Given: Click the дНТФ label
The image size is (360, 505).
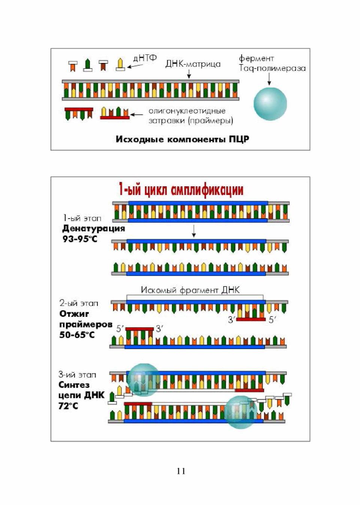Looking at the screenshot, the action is [145, 58].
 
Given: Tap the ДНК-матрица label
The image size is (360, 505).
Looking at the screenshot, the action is [193, 64].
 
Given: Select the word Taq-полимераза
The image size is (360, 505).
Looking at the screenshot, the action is [272, 68].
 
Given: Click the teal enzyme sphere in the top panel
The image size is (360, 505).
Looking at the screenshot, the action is [270, 104].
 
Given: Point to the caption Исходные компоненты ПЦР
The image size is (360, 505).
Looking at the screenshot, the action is [183, 139].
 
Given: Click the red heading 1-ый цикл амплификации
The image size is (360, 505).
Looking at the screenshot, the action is [181, 190].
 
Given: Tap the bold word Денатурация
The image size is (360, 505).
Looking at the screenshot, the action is [94, 228].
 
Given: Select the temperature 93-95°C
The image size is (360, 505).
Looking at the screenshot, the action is [80, 239].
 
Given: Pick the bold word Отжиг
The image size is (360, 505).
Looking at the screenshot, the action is [74, 313].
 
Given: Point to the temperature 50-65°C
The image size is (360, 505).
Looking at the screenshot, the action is [77, 335].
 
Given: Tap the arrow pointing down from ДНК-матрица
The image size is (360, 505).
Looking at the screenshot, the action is [189, 73].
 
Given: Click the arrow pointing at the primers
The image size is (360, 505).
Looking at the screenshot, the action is [137, 114].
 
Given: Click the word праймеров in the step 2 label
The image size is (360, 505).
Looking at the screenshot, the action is [86, 325].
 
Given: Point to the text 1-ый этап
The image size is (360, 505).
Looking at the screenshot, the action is [82, 218].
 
